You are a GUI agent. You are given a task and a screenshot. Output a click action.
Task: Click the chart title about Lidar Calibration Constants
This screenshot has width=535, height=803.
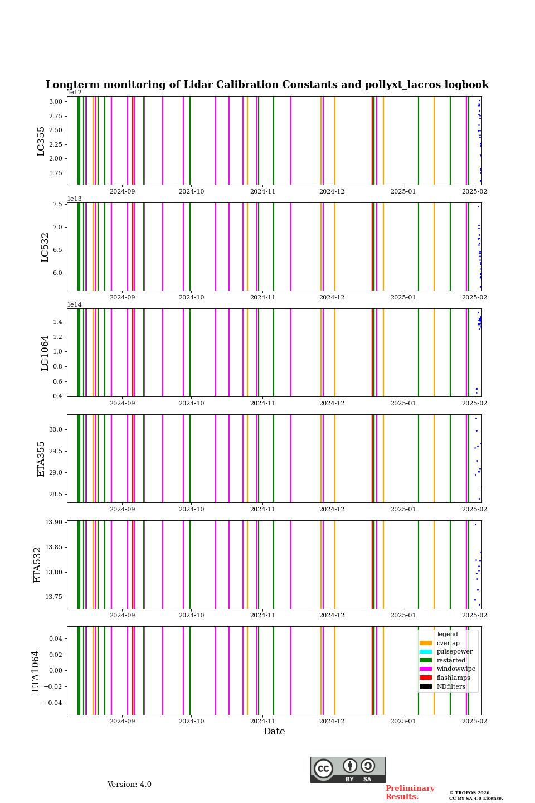pos(267,85)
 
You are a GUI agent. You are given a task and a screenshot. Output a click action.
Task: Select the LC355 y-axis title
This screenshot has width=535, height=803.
pos(41,142)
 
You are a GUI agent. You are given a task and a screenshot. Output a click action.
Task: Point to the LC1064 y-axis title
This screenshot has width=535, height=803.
pos(45,353)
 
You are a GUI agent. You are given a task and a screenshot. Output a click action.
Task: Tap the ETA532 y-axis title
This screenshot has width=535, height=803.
pos(38,565)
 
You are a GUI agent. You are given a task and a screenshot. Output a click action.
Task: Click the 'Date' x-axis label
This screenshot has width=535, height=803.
pos(274,732)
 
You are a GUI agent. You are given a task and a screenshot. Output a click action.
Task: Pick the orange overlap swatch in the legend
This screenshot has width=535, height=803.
pos(426,643)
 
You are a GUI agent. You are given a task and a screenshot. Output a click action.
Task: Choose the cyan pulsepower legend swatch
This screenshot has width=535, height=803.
pos(426,652)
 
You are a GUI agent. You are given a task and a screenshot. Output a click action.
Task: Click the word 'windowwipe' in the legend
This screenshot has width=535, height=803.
pos(456,669)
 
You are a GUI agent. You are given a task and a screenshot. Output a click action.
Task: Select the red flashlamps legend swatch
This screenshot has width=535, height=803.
pos(426,678)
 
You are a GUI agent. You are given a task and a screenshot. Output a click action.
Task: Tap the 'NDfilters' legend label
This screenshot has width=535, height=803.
pos(451,687)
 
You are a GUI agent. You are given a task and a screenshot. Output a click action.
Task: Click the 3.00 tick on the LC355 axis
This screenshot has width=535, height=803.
pos(56,102)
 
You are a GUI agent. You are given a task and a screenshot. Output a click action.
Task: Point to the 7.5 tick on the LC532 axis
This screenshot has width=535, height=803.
pos(58,205)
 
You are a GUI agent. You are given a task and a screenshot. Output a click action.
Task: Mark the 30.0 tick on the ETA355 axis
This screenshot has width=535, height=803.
pos(56,430)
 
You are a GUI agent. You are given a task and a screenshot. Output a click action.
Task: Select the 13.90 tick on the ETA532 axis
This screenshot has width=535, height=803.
pos(53,523)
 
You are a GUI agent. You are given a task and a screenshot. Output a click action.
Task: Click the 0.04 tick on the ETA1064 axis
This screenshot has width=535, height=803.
pos(56,638)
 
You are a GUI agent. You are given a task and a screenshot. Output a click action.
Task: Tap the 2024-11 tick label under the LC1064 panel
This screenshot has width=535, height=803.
pos(262,404)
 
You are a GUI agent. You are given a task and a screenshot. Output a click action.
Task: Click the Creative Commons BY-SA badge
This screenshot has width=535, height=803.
pos(348,770)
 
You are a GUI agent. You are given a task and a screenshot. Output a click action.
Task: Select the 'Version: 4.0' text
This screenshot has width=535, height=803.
pos(129,785)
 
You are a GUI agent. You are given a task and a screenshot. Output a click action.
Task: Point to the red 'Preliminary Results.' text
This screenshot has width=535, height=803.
pos(410,792)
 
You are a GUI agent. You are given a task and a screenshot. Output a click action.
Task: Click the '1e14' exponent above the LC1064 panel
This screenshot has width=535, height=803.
pos(74,305)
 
